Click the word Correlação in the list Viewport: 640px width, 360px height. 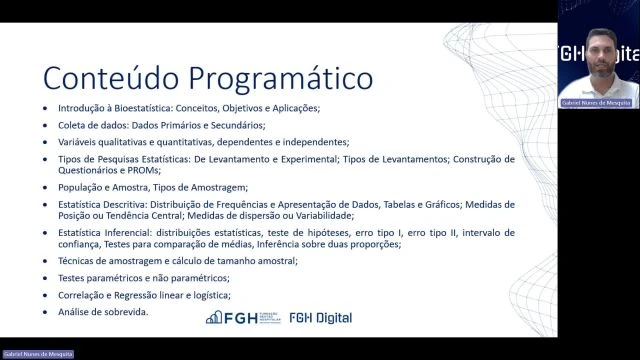point(81,295)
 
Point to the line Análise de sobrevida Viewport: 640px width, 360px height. point(103,311)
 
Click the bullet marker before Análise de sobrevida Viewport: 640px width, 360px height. point(45,312)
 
